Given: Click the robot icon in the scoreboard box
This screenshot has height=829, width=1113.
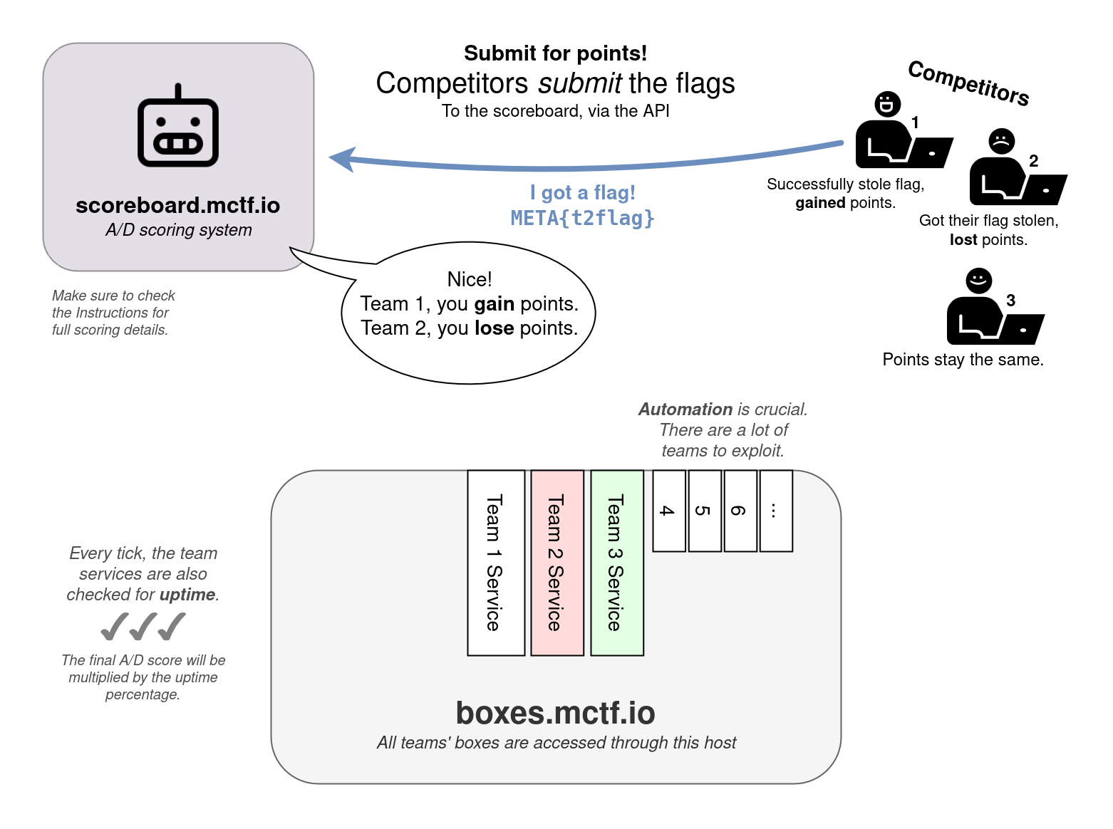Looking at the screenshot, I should click(x=178, y=129).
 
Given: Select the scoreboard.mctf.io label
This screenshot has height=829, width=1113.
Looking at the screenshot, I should click(x=177, y=205).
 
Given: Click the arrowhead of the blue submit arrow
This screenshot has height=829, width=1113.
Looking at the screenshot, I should click(x=343, y=158).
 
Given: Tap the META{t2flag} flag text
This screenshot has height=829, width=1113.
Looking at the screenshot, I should click(x=582, y=218).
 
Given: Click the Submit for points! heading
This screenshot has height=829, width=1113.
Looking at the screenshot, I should click(x=555, y=53).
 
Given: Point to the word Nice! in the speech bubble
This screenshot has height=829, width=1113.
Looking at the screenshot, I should click(x=470, y=279).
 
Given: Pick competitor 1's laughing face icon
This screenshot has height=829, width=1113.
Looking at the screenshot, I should click(x=887, y=104).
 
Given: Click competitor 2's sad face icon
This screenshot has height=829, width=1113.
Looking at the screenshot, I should click(x=1001, y=141).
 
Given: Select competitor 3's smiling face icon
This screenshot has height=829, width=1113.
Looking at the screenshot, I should click(x=978, y=280).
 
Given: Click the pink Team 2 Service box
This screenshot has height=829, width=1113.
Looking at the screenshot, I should click(x=557, y=562).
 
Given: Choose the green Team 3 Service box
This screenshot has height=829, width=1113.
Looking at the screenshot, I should click(x=617, y=562).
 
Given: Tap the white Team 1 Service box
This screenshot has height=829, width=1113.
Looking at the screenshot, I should click(x=496, y=562).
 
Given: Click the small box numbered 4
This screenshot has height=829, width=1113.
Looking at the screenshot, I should click(x=669, y=511).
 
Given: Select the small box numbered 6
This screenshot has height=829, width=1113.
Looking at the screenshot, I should click(x=740, y=511).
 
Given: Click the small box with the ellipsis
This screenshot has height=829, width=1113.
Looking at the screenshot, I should click(x=776, y=511).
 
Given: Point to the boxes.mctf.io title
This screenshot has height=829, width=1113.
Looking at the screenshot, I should click(x=555, y=713).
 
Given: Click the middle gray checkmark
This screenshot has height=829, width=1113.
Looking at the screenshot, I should click(x=143, y=627).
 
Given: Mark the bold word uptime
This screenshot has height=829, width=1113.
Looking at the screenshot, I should click(x=187, y=595).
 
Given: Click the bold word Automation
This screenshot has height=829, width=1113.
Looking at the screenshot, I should click(x=685, y=410).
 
